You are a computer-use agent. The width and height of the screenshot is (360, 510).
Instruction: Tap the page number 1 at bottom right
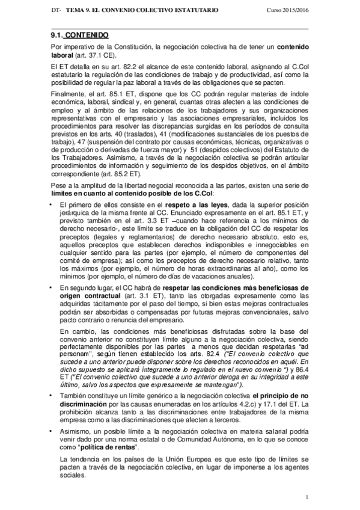[307, 497]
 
